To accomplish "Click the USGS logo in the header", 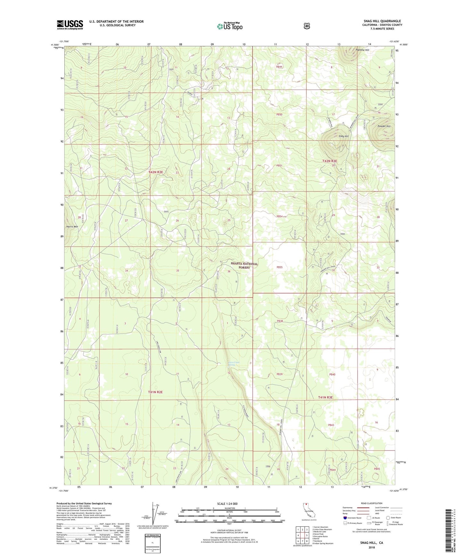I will (70, 24).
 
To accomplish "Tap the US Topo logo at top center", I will (229, 26).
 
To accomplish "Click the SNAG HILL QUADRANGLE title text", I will (380, 21).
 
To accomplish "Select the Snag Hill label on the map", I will (343, 136).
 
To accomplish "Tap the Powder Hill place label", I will (384, 126).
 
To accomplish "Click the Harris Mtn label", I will (72, 227).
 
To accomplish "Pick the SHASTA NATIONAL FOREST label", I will (244, 265).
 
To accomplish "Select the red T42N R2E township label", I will (156, 172).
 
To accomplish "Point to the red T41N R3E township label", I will (326, 397).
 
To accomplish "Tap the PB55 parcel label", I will (279, 267).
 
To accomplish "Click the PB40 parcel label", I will (332, 374).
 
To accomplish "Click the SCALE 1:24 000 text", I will (227, 504).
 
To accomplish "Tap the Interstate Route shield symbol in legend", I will (345, 518).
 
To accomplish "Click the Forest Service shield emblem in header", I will (307, 26).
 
